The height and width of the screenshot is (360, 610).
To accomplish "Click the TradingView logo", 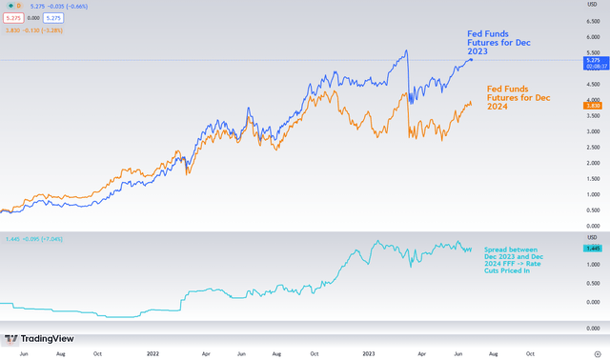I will point(30,338).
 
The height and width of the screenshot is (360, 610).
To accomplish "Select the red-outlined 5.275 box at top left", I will point(14,17).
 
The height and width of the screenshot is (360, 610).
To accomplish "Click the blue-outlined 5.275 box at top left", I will point(54,17).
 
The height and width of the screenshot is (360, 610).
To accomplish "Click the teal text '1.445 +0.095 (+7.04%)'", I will point(34,238).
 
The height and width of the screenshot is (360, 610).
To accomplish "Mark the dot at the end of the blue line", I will point(471,60).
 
